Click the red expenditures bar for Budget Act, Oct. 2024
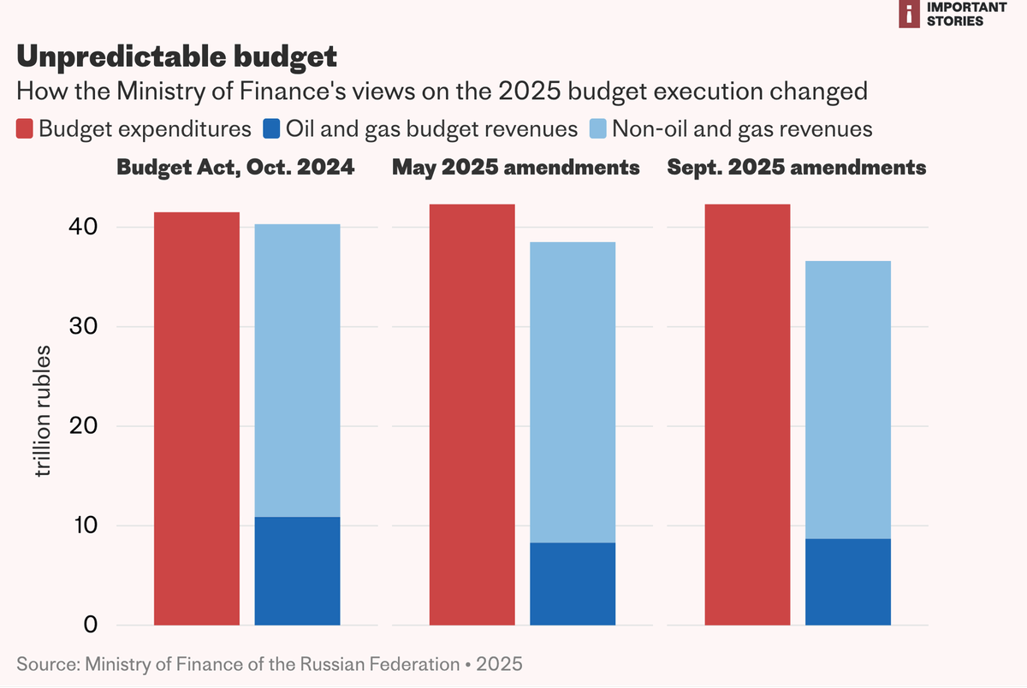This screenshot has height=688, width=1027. [196, 418]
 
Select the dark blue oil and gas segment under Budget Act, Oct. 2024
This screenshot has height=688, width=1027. [297, 571]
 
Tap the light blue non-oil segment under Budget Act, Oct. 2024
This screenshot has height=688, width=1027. [297, 371]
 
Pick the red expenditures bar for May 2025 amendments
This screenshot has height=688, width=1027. [472, 414]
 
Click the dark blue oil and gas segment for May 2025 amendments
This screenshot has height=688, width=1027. [573, 584]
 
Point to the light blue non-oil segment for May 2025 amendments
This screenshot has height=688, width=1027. [573, 392]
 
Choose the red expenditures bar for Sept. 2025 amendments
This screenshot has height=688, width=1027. [747, 414]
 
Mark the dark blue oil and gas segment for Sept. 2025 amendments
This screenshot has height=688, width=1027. [848, 582]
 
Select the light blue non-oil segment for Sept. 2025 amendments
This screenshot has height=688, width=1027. [848, 400]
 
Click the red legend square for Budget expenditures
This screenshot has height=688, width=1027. [25, 129]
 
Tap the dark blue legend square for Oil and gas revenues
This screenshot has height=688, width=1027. [271, 129]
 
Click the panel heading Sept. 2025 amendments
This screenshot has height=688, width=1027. [796, 168]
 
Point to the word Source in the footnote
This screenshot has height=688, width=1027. [44, 663]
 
